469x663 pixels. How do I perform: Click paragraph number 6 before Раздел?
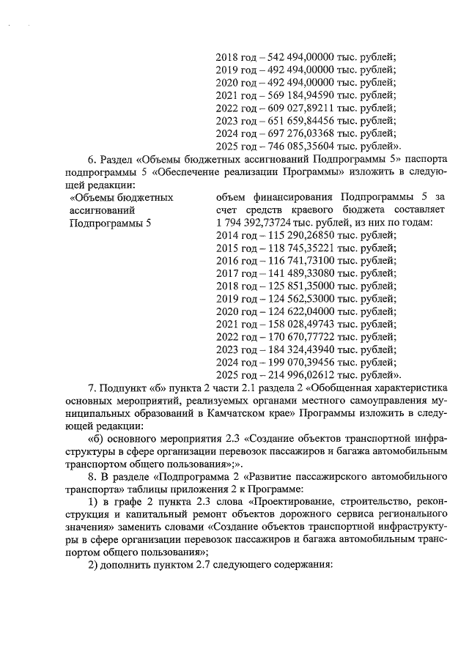pos(92,158)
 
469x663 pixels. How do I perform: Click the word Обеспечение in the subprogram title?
pos(171,171)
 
